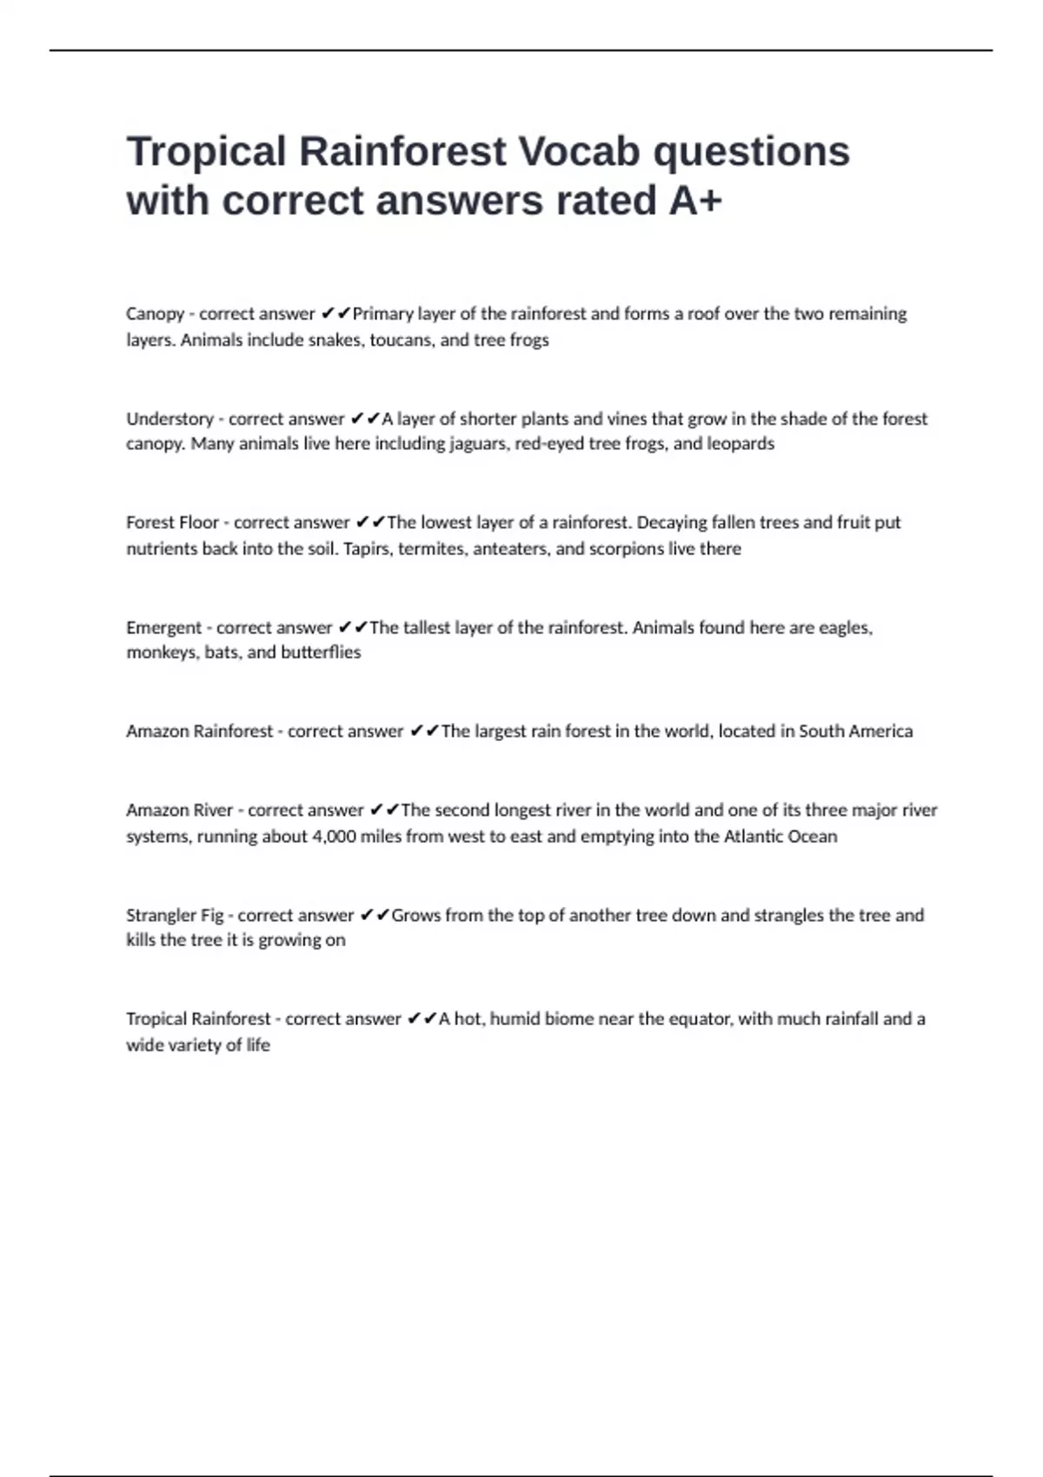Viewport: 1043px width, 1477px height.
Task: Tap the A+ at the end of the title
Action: point(695,201)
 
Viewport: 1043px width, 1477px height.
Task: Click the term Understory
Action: point(169,419)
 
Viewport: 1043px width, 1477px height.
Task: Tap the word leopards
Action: point(741,444)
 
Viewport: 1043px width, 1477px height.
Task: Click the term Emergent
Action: point(163,627)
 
